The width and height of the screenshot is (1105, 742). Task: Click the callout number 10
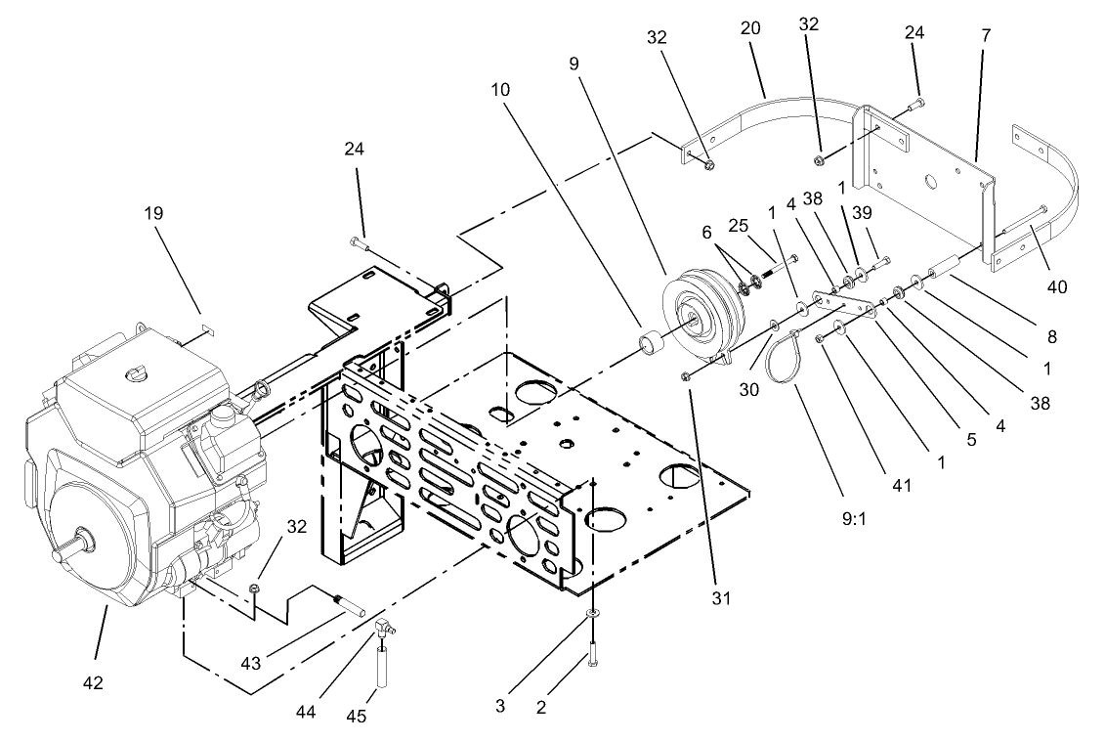coord(499,87)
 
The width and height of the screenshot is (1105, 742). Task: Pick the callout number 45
coord(356,717)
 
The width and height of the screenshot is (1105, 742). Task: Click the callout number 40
coord(1058,286)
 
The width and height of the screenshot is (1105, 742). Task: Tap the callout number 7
coord(986,36)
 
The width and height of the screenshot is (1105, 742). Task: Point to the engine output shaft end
coord(60,553)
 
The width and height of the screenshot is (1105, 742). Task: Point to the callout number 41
coord(901,484)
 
